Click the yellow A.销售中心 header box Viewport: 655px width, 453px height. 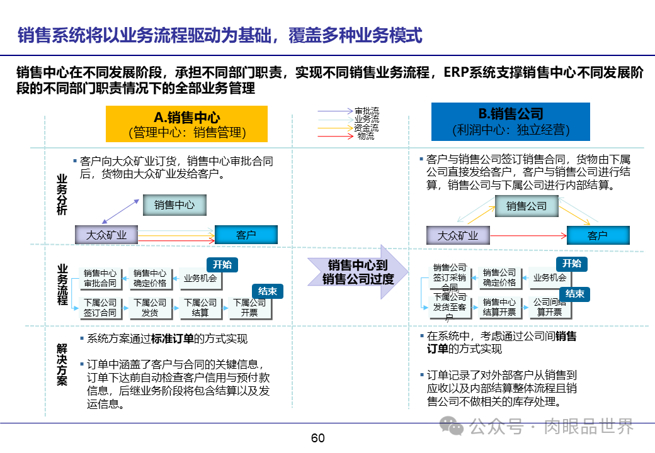(x=186, y=124)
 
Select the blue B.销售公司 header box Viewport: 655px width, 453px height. (x=510, y=121)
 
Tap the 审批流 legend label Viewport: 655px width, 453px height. (x=367, y=111)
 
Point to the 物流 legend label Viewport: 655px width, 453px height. (x=366, y=135)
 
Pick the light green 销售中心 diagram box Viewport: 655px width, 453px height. (x=174, y=204)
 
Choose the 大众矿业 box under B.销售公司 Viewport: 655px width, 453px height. (x=458, y=236)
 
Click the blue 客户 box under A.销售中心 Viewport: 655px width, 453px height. (x=246, y=235)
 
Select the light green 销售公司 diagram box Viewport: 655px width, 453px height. (x=527, y=206)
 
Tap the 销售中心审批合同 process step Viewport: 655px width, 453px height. (x=100, y=278)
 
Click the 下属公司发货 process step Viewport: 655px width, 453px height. (x=150, y=308)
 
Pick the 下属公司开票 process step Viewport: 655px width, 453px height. (x=249, y=308)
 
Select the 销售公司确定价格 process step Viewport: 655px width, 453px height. (x=499, y=277)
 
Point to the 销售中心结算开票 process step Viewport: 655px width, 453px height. (x=499, y=307)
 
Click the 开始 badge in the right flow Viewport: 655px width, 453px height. (x=572, y=264)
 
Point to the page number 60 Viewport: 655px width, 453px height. (x=318, y=439)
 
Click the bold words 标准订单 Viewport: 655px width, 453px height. (x=172, y=338)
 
